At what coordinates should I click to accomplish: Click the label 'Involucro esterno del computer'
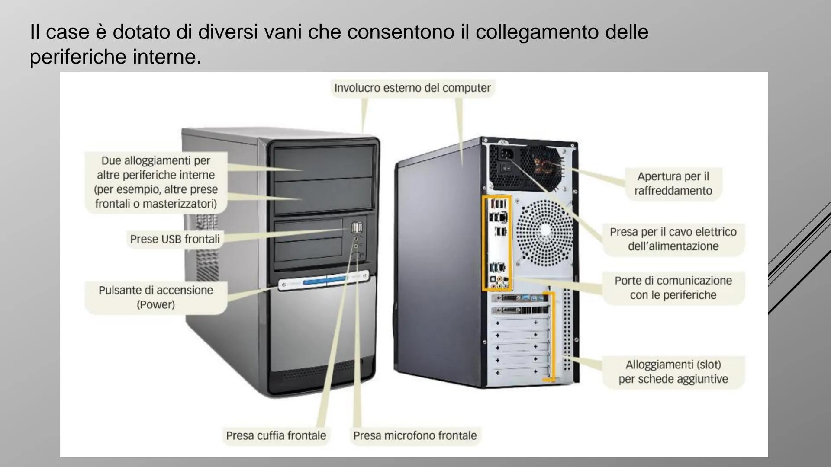[412, 88]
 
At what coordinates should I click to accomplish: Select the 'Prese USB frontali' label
[175, 239]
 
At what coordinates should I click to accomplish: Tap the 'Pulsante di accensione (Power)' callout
[156, 297]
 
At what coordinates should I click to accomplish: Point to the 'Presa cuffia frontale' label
[276, 435]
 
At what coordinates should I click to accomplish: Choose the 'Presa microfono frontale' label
[415, 435]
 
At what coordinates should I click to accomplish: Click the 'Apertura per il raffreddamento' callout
[673, 183]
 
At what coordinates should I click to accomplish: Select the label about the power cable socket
[673, 239]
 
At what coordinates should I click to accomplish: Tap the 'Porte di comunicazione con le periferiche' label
[673, 288]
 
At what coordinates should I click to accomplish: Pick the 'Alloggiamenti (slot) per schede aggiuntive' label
[673, 372]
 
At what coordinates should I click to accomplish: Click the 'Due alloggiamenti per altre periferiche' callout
[156, 182]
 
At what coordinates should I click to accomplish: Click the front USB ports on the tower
[357, 227]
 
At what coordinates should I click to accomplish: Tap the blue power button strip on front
[325, 281]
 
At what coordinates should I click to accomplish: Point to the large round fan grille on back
[544, 233]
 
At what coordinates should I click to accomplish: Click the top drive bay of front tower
[323, 163]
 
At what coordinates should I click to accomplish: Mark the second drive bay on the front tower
[323, 195]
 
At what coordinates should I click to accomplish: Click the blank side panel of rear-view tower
[437, 268]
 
